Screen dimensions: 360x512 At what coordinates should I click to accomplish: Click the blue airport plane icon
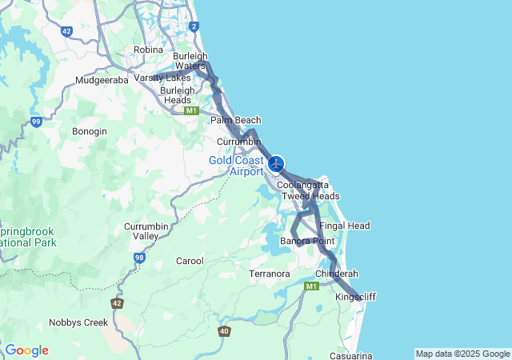coord(277,164)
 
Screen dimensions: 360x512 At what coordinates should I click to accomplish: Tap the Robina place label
coord(148,50)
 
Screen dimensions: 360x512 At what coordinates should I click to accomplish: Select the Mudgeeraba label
coord(102,80)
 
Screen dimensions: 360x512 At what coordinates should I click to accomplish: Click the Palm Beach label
coord(236,120)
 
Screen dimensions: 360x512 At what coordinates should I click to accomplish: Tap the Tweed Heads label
coord(310,196)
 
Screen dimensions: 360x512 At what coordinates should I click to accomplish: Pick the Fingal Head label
coord(345,226)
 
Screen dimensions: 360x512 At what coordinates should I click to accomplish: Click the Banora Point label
coord(307,241)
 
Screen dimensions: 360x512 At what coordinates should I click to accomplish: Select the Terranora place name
coord(270,274)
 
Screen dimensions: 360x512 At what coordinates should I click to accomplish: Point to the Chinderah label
coord(337,274)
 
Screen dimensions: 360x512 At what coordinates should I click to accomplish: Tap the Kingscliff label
coord(355,297)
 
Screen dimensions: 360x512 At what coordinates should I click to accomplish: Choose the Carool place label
coord(190,261)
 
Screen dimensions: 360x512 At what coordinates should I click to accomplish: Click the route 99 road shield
coord(36,122)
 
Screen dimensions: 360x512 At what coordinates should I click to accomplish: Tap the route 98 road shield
coord(139,258)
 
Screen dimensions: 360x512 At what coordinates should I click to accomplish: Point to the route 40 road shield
coord(225,330)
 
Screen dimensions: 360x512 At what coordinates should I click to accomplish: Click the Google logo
coord(26,350)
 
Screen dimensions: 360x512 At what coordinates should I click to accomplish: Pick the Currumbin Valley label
coord(146,231)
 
